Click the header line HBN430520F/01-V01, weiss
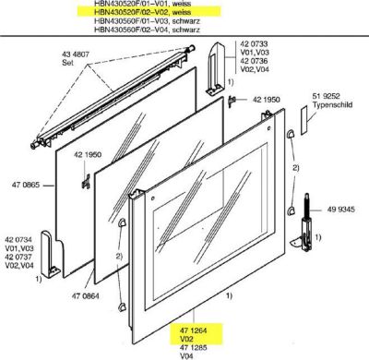click(139, 5)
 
